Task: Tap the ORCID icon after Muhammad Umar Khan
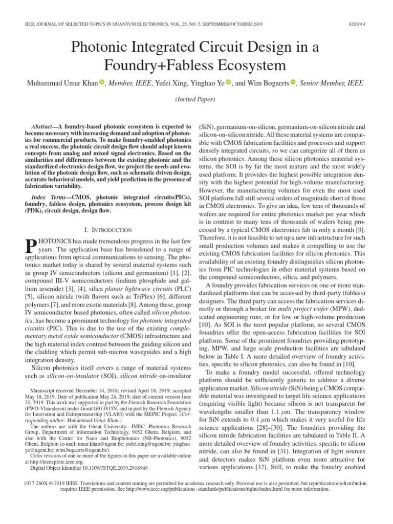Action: click(101, 82)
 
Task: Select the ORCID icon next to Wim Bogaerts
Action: click(293, 82)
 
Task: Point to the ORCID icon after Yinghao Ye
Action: click(228, 82)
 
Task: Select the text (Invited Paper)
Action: click(196, 99)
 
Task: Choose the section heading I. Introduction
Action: click(107, 230)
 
